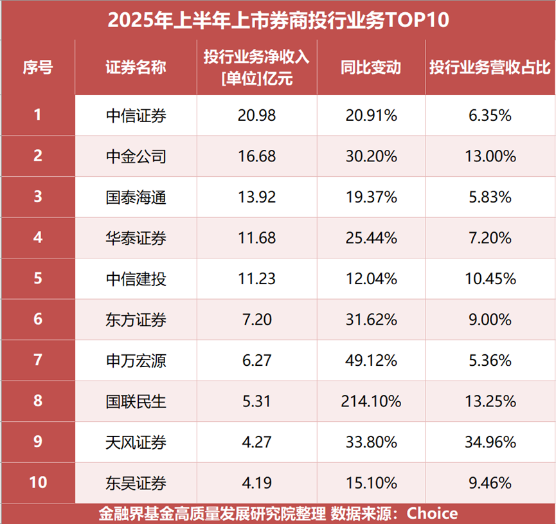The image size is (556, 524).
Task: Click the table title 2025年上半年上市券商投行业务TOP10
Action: click(x=278, y=19)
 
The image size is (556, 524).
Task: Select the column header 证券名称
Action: click(x=136, y=68)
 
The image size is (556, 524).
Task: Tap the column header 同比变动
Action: click(x=370, y=68)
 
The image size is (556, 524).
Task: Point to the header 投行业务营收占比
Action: click(x=490, y=68)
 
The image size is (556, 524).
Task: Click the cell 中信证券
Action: click(x=136, y=116)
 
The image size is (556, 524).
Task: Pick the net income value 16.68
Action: click(x=256, y=156)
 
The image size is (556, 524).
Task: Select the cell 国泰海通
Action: click(x=136, y=196)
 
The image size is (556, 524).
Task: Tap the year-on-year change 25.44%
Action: click(x=370, y=239)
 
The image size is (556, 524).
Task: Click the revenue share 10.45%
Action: click(x=490, y=279)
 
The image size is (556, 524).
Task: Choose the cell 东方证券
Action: click(x=136, y=320)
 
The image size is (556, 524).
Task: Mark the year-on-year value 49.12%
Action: click(x=370, y=361)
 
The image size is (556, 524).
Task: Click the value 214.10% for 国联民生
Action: click(x=370, y=402)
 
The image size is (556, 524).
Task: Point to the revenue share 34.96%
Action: click(x=490, y=442)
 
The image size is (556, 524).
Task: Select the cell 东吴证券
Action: click(x=136, y=482)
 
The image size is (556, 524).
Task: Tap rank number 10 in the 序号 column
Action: click(x=38, y=482)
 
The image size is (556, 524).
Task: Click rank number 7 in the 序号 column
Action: click(x=38, y=361)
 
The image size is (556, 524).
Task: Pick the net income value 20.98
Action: click(x=256, y=116)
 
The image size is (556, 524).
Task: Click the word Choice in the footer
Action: click(x=433, y=514)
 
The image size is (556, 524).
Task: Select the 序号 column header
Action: click(x=38, y=68)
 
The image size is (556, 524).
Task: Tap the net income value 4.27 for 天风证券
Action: click(x=256, y=442)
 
